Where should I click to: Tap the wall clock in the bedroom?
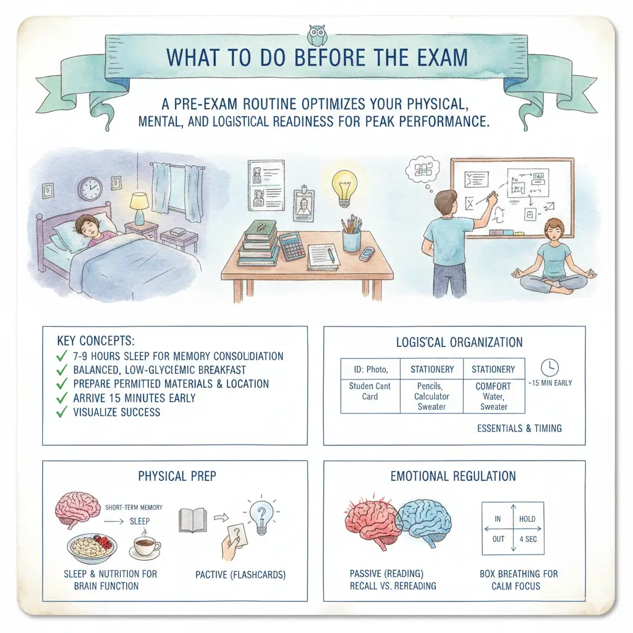click(90, 188)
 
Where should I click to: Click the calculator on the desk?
click(292, 246)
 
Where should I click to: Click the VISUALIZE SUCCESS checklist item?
click(116, 412)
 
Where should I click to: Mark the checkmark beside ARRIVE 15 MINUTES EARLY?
click(61, 398)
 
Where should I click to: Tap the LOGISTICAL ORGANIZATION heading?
click(459, 342)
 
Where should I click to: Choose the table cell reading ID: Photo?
click(370, 369)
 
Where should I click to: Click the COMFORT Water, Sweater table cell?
click(493, 396)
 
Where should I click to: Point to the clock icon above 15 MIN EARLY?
click(548, 365)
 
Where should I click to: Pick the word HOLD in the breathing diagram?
click(527, 519)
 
